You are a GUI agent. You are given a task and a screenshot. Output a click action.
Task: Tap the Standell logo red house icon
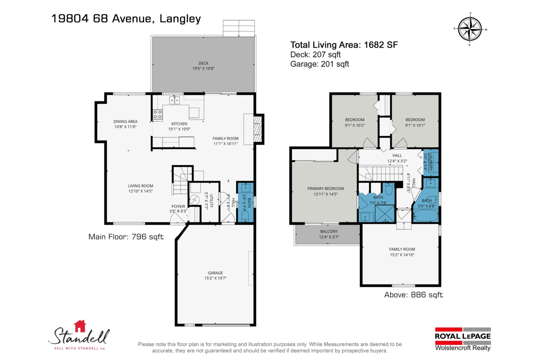[80, 325]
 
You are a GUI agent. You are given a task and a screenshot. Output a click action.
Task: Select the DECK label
[203, 63]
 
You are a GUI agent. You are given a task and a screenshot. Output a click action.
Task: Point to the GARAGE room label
[215, 273]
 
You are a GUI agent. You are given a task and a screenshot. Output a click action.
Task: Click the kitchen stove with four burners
[157, 114]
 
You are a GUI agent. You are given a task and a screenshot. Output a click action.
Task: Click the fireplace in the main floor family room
[257, 130]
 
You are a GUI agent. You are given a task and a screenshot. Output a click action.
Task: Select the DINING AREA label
[125, 121]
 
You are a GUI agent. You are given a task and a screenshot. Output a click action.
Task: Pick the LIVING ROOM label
[140, 186]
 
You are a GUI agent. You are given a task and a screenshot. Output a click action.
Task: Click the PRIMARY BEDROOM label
[325, 189]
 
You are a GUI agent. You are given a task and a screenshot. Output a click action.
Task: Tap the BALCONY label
[328, 231]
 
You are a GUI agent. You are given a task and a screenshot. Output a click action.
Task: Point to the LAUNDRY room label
[431, 161]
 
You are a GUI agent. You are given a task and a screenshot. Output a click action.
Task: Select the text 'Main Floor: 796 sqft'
[126, 237]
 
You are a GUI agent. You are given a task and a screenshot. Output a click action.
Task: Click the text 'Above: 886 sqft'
[413, 295]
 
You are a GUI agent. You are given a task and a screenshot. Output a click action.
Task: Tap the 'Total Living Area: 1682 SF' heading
[344, 45]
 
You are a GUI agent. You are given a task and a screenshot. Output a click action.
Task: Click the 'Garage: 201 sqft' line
[319, 64]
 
